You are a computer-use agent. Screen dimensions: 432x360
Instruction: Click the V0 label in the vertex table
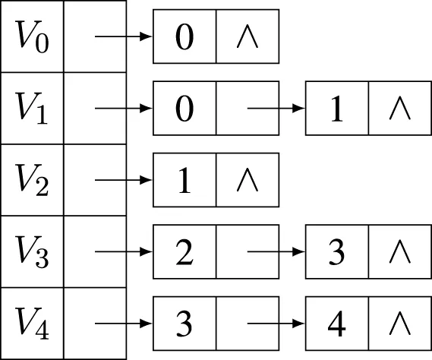click(x=33, y=36)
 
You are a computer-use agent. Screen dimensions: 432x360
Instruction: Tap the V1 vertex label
click(x=32, y=109)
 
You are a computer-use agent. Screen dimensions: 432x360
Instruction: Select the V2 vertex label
click(x=32, y=180)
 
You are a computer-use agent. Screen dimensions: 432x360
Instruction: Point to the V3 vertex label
click(x=33, y=251)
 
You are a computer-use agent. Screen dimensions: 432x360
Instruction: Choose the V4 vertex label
click(x=33, y=324)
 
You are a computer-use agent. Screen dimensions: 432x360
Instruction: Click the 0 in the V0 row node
click(x=184, y=36)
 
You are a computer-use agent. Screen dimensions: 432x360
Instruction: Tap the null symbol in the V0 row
click(x=248, y=36)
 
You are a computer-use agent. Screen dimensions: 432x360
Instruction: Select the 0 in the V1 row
click(x=184, y=109)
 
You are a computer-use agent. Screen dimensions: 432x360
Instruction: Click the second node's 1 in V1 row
click(x=336, y=109)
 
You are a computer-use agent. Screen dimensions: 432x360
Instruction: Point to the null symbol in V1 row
click(x=400, y=109)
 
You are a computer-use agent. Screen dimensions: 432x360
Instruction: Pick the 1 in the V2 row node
click(x=184, y=180)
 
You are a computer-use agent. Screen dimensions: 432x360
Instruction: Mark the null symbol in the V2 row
click(x=248, y=180)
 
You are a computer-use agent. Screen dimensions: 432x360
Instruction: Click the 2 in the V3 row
click(x=184, y=252)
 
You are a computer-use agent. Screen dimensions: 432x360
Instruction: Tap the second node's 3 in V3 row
click(x=336, y=252)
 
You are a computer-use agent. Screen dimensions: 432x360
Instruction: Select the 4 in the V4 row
click(x=336, y=324)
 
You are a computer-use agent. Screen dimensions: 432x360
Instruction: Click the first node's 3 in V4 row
click(x=184, y=324)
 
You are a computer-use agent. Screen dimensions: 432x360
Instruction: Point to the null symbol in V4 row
click(x=400, y=324)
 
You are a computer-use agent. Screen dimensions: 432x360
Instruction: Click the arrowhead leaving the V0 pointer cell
click(x=146, y=36)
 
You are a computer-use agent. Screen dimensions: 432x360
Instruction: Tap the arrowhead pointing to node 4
click(x=298, y=324)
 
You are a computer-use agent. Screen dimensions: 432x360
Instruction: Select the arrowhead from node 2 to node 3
click(x=298, y=251)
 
